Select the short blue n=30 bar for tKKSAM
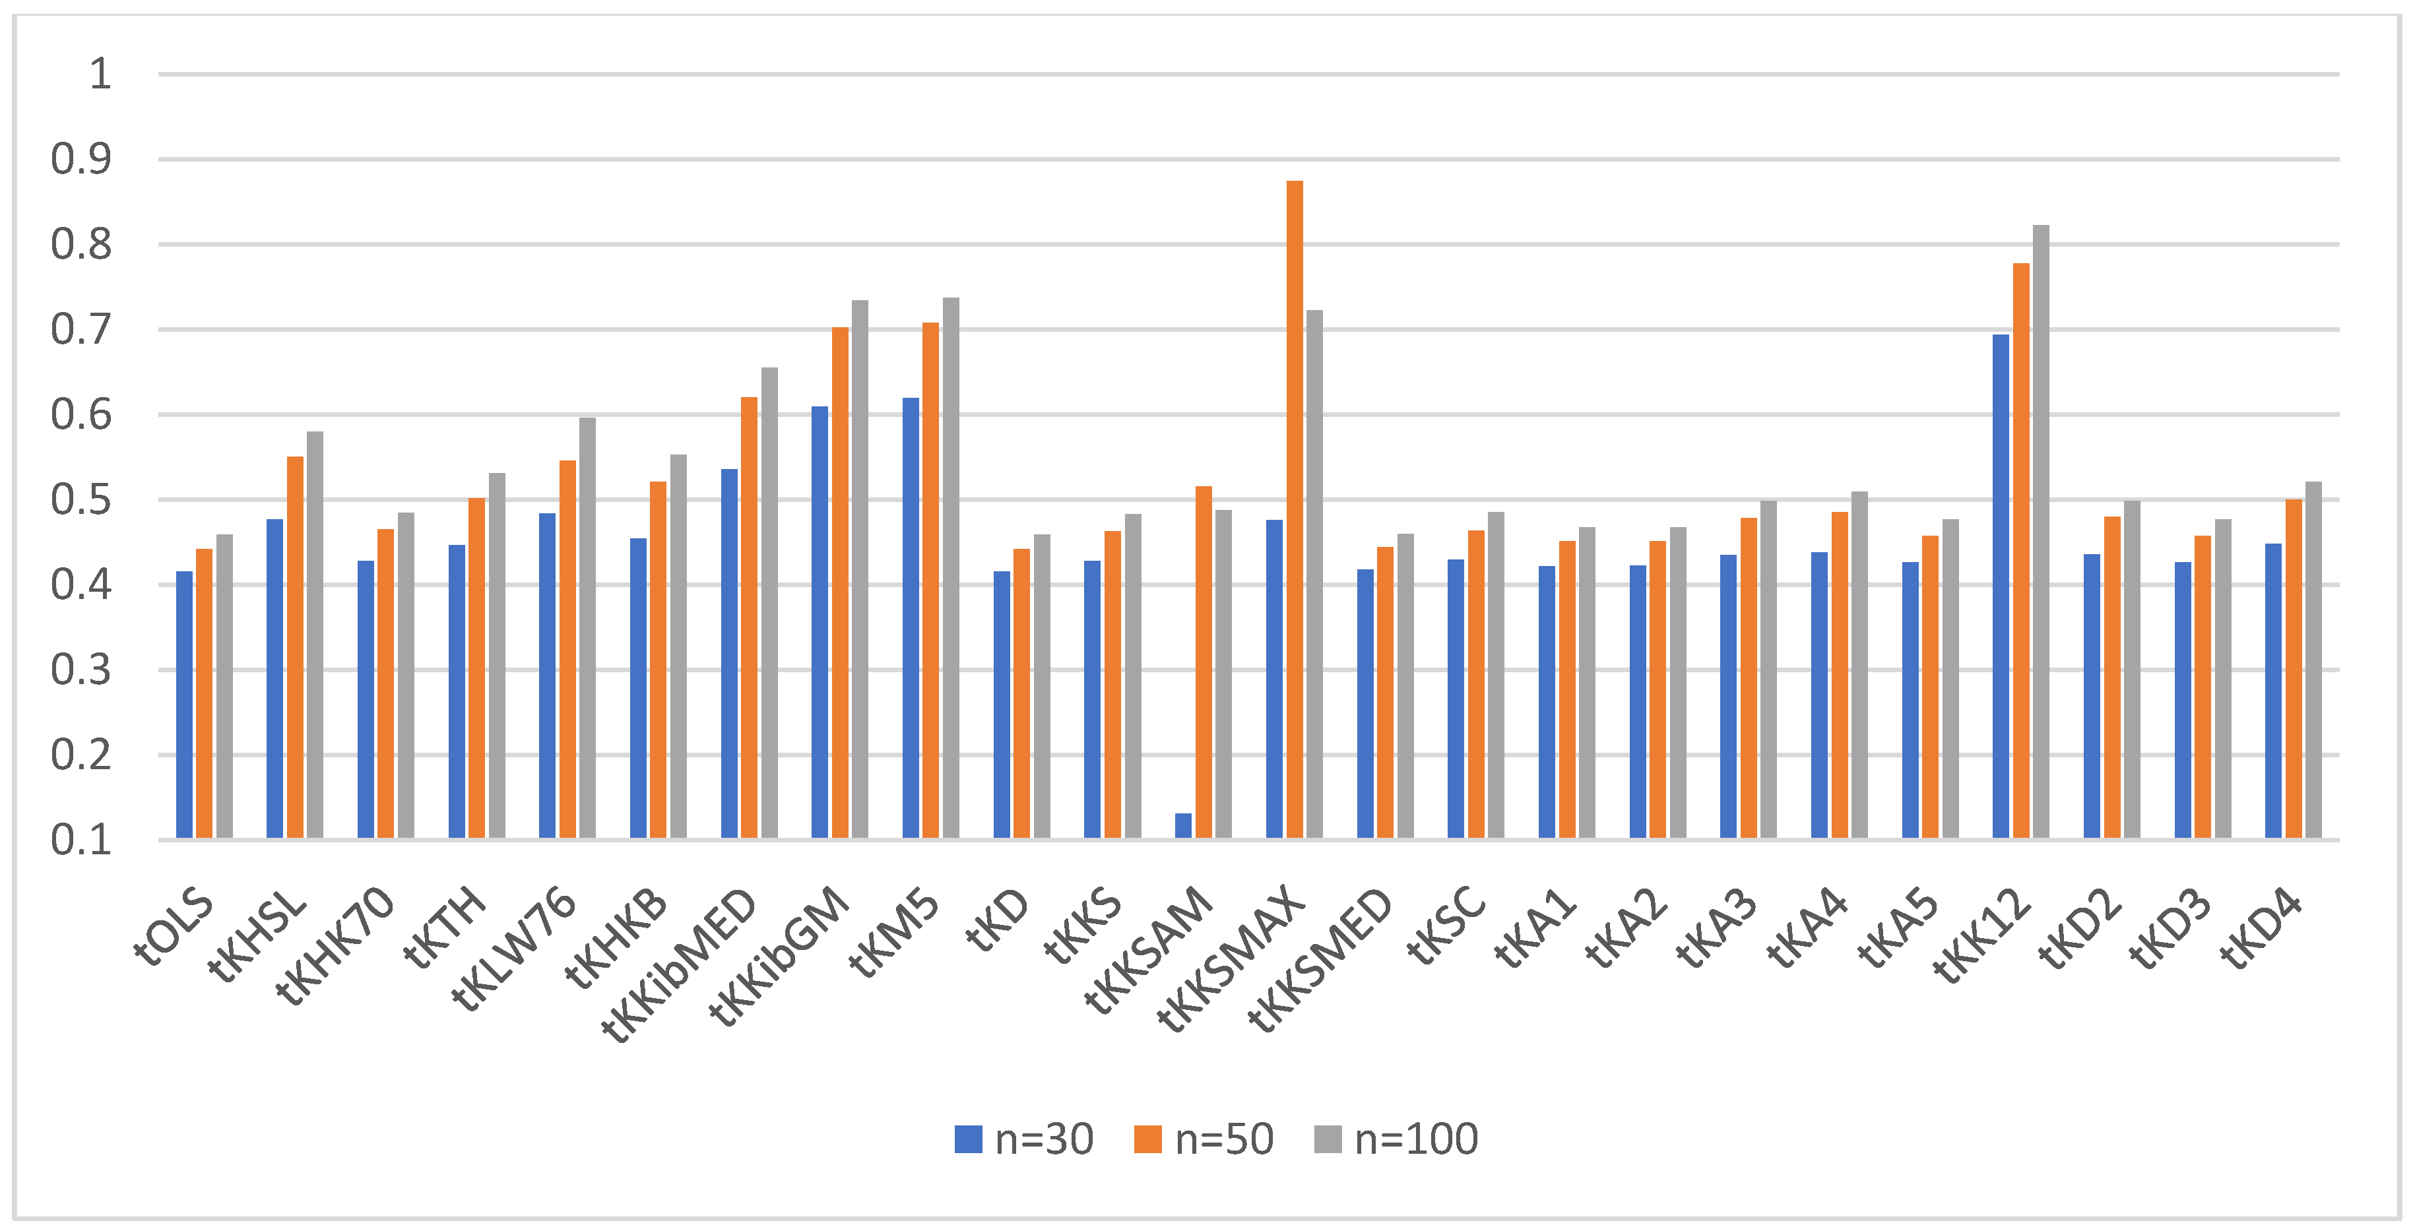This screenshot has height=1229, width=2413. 1183,825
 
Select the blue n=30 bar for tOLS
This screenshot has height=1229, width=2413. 185,705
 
